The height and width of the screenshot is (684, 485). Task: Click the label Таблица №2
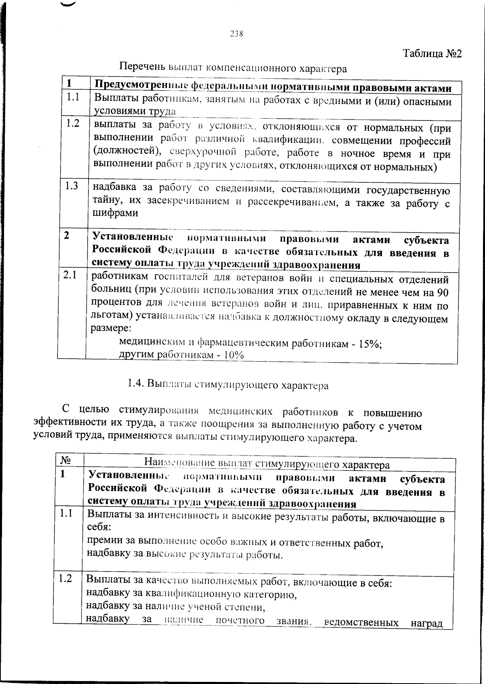(x=432, y=54)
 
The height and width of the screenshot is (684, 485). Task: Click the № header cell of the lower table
(x=65, y=461)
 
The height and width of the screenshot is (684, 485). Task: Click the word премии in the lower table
(x=103, y=540)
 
